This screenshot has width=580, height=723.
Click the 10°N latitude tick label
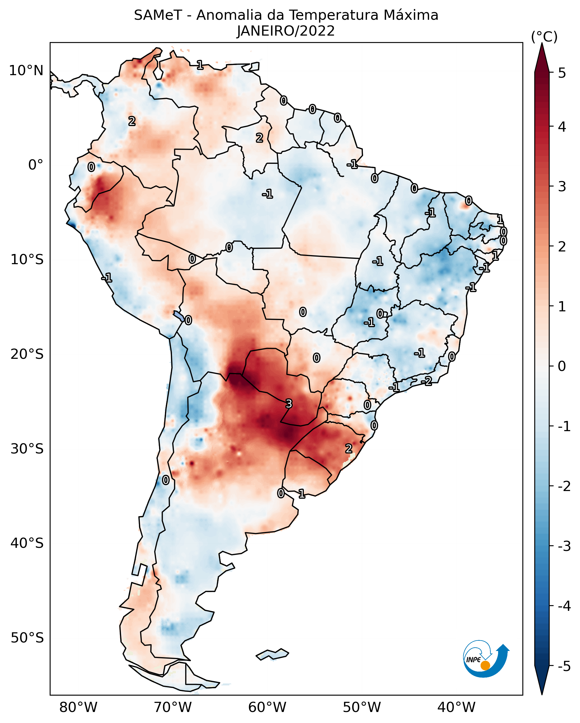[x=26, y=71]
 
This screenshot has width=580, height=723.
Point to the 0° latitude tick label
[x=36, y=165]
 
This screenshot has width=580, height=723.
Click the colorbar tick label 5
[x=562, y=73]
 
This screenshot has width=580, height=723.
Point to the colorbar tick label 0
[x=562, y=366]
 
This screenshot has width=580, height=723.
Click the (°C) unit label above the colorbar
[x=544, y=37]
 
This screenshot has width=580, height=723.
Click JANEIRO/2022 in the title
[x=286, y=31]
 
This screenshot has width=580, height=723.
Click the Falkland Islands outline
[x=272, y=654]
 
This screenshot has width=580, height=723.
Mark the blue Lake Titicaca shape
[x=178, y=315]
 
